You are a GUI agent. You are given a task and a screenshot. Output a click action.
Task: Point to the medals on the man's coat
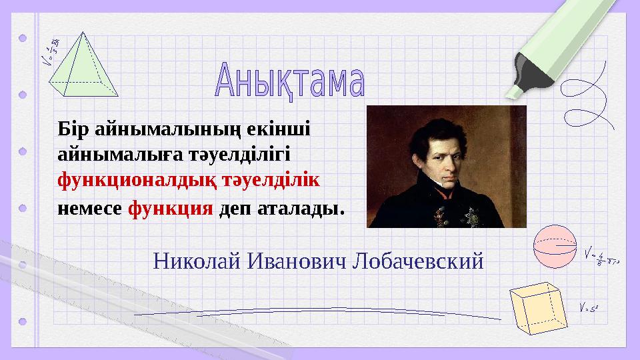click(x=460, y=213)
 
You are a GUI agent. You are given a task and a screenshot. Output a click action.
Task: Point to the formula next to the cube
click(x=591, y=308)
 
